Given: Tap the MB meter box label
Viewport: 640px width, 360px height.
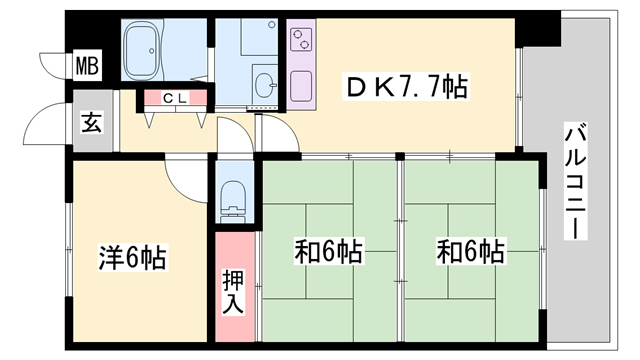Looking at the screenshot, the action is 88,68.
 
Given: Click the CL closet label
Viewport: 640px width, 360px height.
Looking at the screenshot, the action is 175,98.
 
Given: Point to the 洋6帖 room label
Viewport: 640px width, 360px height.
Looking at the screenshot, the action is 131,257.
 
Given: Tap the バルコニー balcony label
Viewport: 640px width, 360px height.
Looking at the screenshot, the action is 574,180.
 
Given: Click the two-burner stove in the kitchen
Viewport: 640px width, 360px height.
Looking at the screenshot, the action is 301,41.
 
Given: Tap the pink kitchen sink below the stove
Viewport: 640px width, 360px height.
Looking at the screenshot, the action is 301,88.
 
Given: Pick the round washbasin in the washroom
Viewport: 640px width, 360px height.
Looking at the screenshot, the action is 265,84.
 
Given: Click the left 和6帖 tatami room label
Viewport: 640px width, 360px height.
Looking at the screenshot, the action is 327,251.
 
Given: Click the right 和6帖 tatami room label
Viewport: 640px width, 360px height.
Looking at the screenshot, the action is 470,251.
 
